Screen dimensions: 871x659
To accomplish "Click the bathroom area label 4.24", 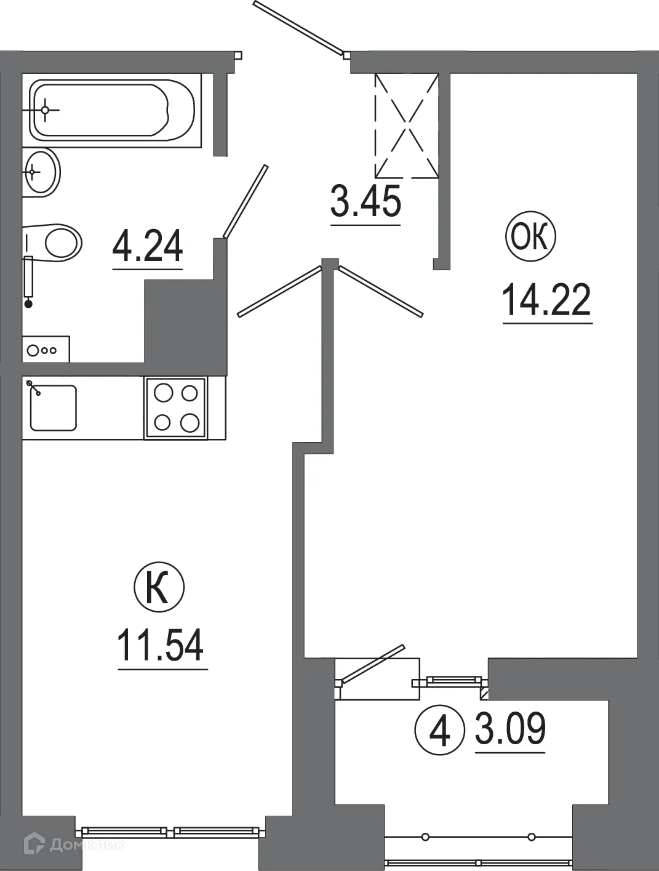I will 148,246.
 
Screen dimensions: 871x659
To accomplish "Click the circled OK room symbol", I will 530,237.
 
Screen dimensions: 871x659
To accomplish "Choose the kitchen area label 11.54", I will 161,644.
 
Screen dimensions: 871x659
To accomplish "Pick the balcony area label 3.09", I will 510,729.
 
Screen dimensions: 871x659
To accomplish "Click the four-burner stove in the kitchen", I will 176,407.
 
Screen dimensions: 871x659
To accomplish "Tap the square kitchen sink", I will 53,407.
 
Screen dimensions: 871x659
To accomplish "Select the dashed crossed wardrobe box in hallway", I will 407,126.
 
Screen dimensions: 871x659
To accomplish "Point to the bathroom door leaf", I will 246,201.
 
